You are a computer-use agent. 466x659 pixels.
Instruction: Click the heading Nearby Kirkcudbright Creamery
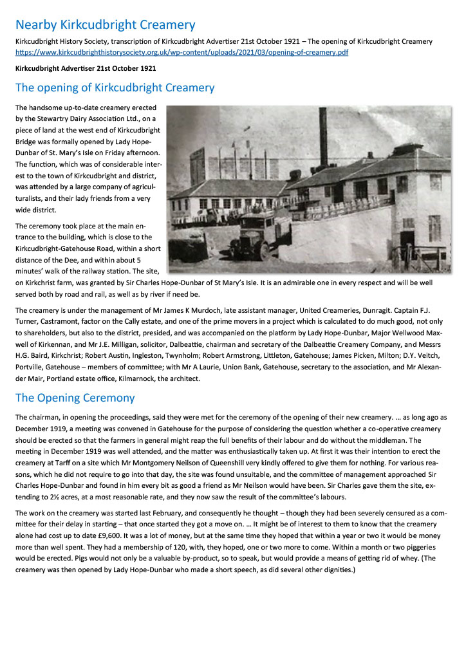point(105,25)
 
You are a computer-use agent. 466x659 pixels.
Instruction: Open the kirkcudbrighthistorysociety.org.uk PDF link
point(182,52)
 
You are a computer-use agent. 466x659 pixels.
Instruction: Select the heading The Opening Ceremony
point(75,398)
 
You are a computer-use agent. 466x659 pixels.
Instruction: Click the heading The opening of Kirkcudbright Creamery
point(115,88)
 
